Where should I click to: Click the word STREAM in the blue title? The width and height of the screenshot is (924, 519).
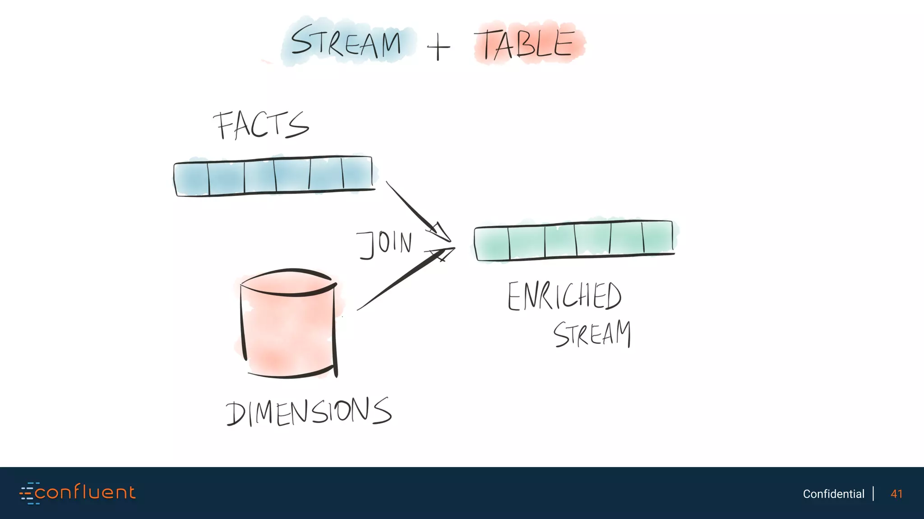346,42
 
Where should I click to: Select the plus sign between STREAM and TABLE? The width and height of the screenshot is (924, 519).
438,47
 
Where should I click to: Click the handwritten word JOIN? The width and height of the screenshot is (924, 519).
384,244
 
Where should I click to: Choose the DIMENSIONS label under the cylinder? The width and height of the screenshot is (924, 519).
309,412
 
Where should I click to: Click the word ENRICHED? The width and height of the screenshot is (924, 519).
564,296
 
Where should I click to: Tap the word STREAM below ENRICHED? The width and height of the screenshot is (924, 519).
592,334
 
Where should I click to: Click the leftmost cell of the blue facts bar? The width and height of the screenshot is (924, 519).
192,178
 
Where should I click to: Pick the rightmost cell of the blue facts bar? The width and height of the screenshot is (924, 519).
357,173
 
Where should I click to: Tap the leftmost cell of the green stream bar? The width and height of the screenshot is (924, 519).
492,243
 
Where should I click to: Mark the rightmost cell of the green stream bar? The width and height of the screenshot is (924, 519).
658,237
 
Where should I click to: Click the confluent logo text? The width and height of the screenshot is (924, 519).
85,492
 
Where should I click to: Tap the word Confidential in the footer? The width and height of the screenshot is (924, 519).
833,494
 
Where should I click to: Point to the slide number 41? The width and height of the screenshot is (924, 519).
896,494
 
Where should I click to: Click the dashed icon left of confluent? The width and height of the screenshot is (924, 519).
28,493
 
